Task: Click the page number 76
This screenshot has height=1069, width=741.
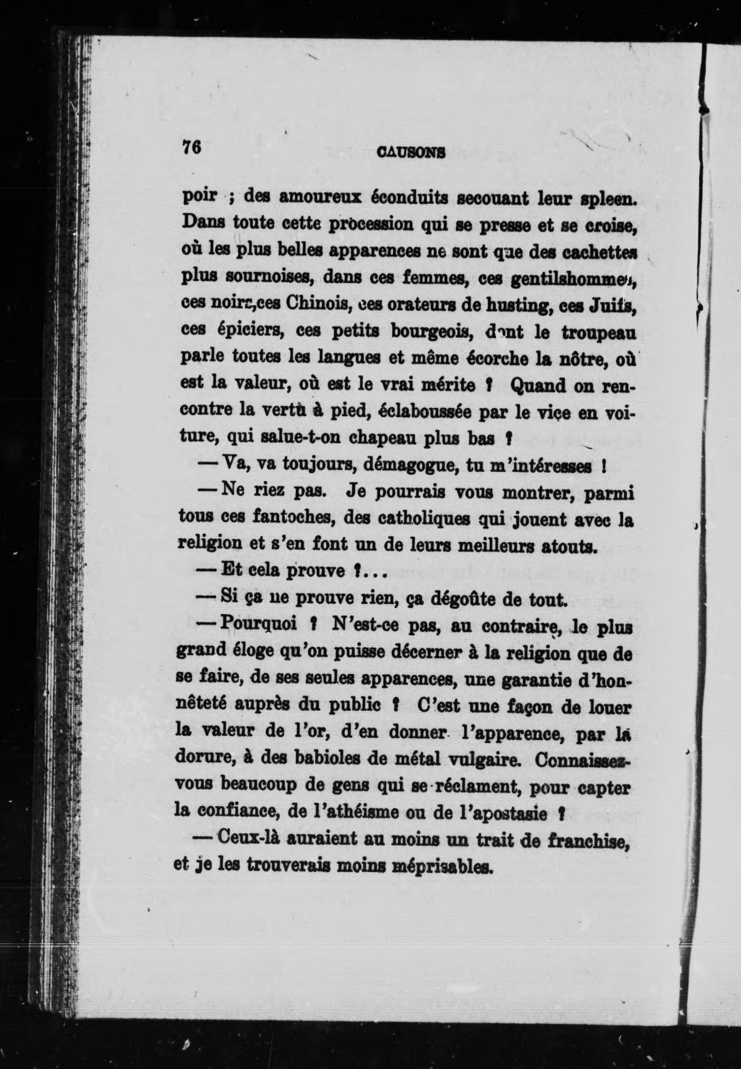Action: [191, 147]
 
